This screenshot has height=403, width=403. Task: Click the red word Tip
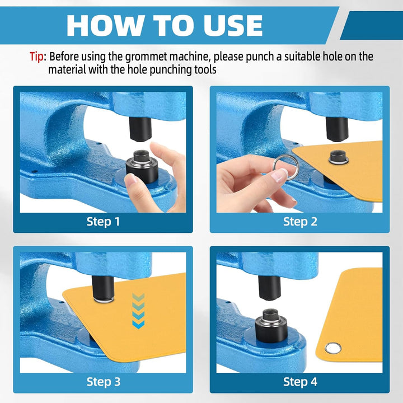[x=36, y=57]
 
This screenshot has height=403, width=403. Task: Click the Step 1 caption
[x=103, y=222]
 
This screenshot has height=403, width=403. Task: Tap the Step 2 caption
[x=300, y=222]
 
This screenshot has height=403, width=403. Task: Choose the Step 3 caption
[x=104, y=382]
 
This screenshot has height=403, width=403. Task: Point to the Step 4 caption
[x=300, y=382]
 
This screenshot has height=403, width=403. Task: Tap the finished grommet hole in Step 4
[x=334, y=348]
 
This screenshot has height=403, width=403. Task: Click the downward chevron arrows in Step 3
[x=138, y=311]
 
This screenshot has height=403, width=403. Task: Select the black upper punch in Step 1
[x=140, y=129]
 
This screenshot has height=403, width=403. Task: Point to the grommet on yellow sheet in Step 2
[x=339, y=157]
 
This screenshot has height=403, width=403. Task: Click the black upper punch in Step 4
[x=269, y=288]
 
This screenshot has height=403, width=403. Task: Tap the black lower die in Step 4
[x=271, y=325]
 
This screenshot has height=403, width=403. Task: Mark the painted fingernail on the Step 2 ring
[x=278, y=176]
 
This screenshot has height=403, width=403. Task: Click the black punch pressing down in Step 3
[x=103, y=289]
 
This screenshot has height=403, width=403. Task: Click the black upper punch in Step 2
[x=337, y=129]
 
